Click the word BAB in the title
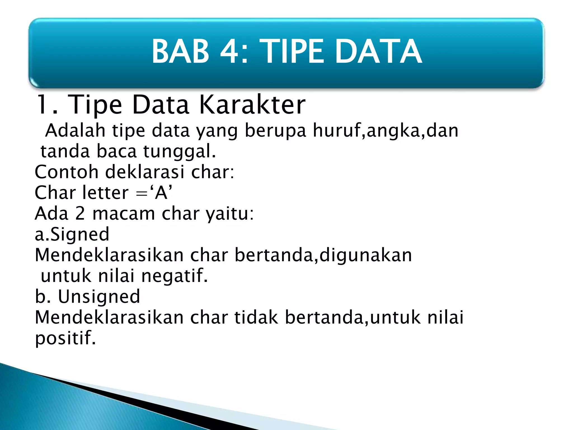pyautogui.click(x=180, y=52)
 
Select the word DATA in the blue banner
pyautogui.click(x=378, y=52)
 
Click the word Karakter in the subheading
pyautogui.click(x=252, y=105)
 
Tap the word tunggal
pyautogui.click(x=179, y=152)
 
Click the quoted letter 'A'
pyautogui.click(x=161, y=193)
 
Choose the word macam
pyautogui.click(x=124, y=214)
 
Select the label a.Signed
pyautogui.click(x=72, y=234)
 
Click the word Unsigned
pyautogui.click(x=99, y=297)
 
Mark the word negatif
pyautogui.click(x=175, y=276)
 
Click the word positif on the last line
pyautogui.click(x=65, y=338)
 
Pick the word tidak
pyautogui.click(x=256, y=317)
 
